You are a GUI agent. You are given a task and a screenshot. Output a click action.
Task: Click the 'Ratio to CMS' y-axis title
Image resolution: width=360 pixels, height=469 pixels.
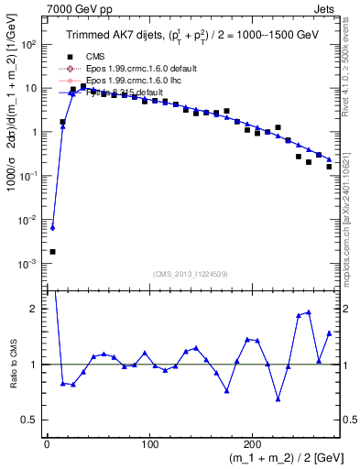12,365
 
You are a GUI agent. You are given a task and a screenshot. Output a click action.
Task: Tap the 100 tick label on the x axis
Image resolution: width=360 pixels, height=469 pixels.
149,442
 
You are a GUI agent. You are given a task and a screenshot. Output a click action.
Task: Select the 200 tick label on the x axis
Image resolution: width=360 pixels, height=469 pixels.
253,442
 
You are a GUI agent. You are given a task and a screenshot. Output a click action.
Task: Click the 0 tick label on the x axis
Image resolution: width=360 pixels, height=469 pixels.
47,442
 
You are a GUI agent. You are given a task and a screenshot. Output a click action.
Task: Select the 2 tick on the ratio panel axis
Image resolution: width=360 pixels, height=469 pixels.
35,309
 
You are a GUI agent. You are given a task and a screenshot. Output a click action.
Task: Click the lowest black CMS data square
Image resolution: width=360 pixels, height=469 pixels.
52,251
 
